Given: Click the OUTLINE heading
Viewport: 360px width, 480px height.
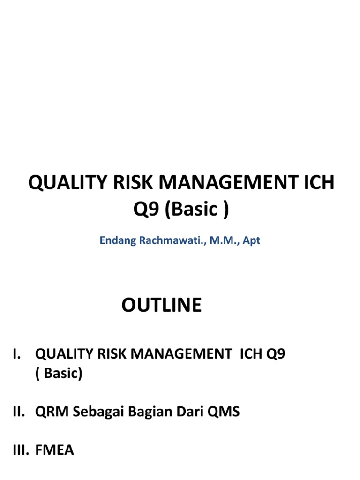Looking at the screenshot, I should point(161,305).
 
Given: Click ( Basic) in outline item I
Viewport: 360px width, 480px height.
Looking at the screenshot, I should point(59,374).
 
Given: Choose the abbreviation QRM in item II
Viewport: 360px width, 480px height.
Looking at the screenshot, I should point(50,412).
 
